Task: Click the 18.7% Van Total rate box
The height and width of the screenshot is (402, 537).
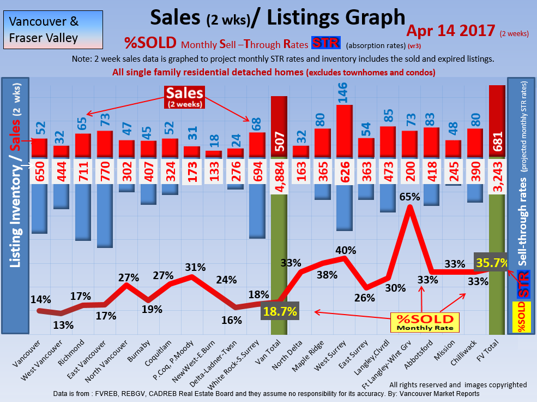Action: [281, 312]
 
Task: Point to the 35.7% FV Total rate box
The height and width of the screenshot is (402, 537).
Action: [491, 263]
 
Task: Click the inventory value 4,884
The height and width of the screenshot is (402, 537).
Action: [279, 172]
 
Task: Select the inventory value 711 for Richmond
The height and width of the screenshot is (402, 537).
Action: [83, 172]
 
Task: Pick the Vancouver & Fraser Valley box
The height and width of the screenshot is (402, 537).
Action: [44, 30]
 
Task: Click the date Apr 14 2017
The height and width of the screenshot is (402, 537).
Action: [451, 31]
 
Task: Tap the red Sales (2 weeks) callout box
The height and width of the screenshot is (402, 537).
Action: [184, 97]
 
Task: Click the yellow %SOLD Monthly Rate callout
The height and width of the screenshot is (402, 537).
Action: [425, 322]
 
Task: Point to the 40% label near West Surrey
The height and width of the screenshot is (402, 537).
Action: [346, 251]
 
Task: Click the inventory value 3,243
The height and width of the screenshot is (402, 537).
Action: [497, 172]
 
